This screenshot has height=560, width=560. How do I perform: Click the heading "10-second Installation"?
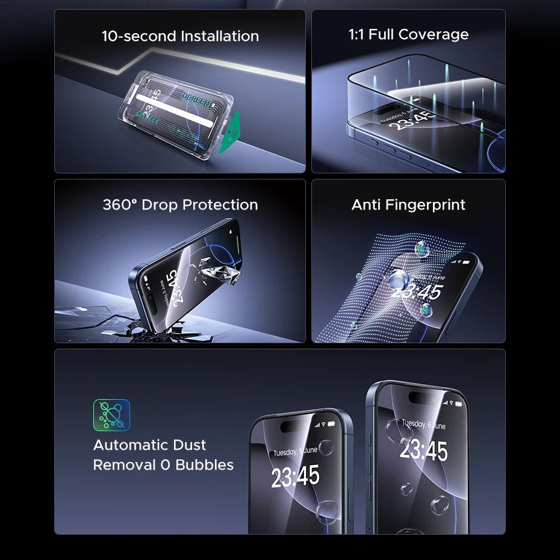pyautogui.click(x=180, y=36)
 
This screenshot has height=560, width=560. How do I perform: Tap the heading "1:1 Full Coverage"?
pyautogui.click(x=408, y=34)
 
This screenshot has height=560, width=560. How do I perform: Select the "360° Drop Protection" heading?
pyautogui.click(x=180, y=205)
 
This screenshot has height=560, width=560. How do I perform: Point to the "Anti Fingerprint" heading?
pyautogui.click(x=408, y=205)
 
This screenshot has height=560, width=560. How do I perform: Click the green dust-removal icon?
pyautogui.click(x=111, y=415)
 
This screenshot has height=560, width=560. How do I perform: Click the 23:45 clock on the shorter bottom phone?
pyautogui.click(x=295, y=477)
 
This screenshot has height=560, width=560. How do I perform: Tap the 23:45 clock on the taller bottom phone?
pyautogui.click(x=424, y=450)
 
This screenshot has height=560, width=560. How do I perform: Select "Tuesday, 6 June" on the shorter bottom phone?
pyautogui.click(x=295, y=451)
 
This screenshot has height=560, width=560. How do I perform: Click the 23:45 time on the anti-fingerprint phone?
pyautogui.click(x=417, y=293)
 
